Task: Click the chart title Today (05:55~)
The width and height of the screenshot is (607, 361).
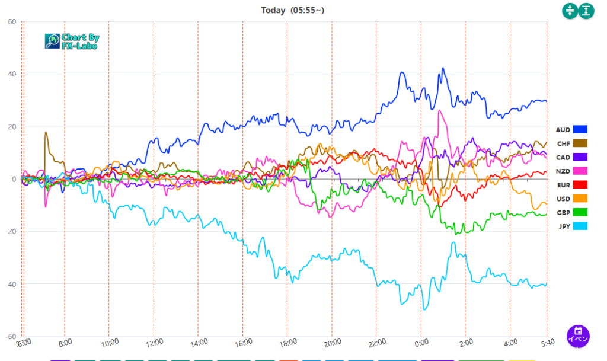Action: [x=292, y=10]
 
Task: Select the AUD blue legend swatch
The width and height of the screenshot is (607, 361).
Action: [x=580, y=129]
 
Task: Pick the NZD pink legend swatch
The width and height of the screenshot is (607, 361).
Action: [x=580, y=171]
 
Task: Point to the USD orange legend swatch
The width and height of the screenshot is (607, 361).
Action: [x=580, y=199]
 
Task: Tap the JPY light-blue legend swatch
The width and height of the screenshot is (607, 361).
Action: [x=580, y=226]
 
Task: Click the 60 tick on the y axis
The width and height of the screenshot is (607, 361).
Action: [x=12, y=22]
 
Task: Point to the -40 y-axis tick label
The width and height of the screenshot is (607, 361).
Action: [x=10, y=284]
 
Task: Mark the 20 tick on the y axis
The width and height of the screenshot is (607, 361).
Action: [x=12, y=127]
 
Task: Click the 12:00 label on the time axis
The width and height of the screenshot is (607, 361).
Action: [x=154, y=342]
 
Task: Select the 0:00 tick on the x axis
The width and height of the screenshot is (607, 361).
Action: [x=421, y=342]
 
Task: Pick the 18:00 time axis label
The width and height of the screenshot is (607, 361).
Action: [x=287, y=342]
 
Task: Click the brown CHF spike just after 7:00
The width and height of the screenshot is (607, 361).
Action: [x=46, y=133]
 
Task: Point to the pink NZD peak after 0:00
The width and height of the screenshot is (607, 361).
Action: [x=439, y=111]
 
